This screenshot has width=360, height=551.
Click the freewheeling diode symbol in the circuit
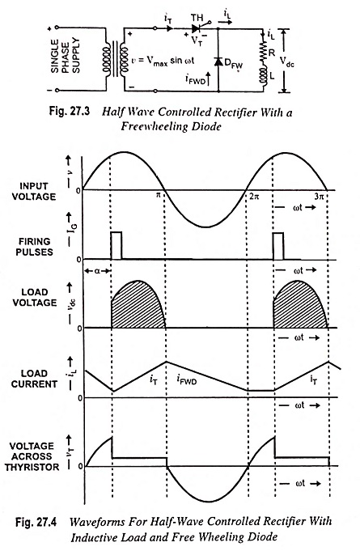218,61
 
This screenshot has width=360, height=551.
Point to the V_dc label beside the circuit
287,61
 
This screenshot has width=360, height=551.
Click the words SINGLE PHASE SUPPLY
66,57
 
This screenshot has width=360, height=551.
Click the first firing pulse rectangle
116,246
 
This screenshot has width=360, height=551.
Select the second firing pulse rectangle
278,246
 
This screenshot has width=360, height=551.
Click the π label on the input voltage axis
159,195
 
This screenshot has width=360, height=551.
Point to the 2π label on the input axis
254,197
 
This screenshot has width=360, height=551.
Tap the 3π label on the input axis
319,197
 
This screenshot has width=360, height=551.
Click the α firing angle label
97,270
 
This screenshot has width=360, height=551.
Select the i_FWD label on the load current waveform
187,379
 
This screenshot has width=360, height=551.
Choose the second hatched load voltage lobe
300,304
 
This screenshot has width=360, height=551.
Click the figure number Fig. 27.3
69,112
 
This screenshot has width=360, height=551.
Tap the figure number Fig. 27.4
36,522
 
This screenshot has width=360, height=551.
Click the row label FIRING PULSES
35,247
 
